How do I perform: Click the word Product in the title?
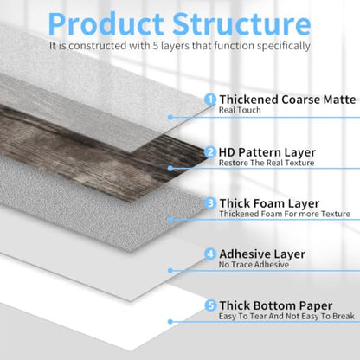106,24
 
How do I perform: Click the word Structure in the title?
241,24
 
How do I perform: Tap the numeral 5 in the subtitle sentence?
156,46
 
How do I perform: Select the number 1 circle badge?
210,100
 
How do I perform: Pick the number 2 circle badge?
210,152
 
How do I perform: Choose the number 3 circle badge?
210,203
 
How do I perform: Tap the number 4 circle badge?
210,254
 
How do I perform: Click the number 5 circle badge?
210,305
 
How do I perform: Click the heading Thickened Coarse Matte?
287,100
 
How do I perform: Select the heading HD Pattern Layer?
267,152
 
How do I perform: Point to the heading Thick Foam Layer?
269,203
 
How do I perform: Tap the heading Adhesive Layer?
262,254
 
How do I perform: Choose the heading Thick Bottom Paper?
276,305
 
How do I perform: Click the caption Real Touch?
240,110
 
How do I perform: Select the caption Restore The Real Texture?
267,163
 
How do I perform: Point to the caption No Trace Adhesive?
254,265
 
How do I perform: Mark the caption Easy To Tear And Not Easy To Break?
286,316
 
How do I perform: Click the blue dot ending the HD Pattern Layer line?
170,168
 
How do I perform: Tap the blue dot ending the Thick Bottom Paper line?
170,321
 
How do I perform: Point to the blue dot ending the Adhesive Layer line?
170,271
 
